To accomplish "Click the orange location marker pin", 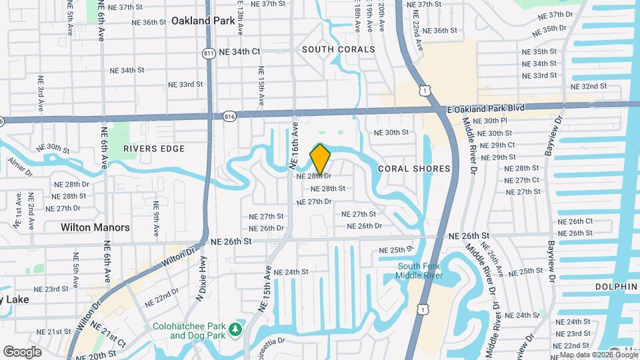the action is [320, 159].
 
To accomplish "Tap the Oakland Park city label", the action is [203, 21].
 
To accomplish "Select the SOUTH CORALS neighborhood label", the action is [339, 49].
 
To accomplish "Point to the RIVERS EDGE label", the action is [153, 149].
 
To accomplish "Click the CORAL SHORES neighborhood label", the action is [414, 169].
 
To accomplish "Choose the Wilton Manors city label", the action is [95, 227].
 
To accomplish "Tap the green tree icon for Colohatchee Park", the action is [235, 329].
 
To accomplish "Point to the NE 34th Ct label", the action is [241, 51].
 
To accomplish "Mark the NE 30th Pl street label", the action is [491, 121].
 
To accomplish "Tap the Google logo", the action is [22, 351].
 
